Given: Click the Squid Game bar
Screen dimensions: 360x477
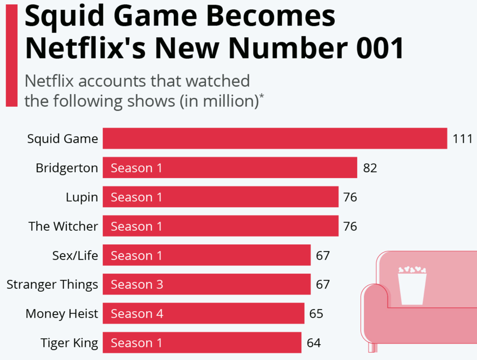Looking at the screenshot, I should (275, 139).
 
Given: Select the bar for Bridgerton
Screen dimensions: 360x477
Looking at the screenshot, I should (229, 168).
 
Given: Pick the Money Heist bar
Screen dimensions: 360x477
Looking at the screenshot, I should (203, 313).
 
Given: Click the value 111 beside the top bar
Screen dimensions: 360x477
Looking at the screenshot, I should (463, 139).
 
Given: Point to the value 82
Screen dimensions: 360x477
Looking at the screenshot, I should (370, 168).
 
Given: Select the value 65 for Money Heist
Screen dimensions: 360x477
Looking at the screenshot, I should (316, 313).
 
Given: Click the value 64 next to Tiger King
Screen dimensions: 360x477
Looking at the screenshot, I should (313, 343).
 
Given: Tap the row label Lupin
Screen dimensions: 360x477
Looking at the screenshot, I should (82, 197).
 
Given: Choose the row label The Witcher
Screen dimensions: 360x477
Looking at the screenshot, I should (63, 226).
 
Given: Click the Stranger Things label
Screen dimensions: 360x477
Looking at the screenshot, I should (52, 284).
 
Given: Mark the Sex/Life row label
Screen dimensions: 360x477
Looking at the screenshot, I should (74, 255).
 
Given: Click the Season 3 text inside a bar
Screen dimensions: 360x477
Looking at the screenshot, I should (137, 284).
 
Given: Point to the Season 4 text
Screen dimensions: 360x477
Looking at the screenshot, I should (137, 313).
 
